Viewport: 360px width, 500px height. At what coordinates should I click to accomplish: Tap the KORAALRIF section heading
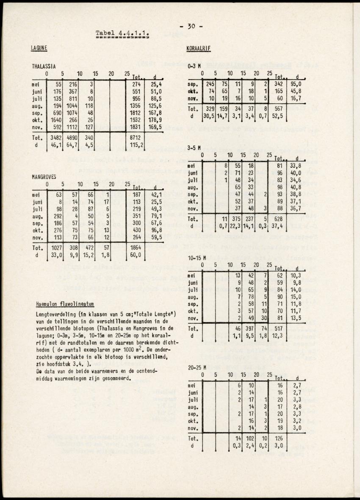click(x=199, y=49)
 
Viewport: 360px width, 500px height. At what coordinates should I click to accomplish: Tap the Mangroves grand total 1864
click(x=136, y=248)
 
